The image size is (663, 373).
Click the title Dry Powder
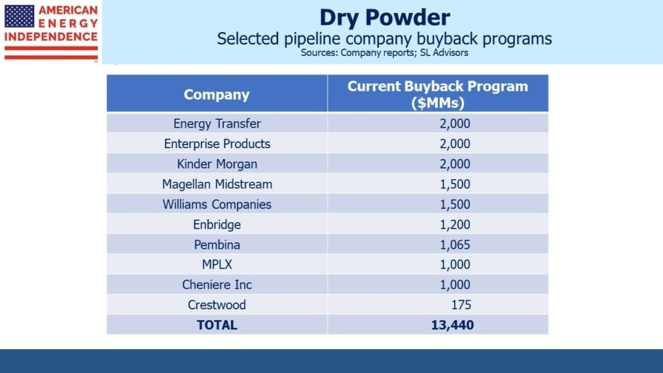(x=384, y=18)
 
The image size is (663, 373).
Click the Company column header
(x=216, y=95)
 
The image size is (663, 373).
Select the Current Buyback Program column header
(x=438, y=94)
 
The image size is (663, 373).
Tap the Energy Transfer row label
(x=217, y=124)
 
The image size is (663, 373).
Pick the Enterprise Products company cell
(x=217, y=144)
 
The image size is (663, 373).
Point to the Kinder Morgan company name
(x=217, y=164)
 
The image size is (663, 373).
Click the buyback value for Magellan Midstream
(x=455, y=184)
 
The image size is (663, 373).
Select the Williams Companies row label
(x=217, y=204)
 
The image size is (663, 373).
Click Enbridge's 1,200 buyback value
(x=455, y=224)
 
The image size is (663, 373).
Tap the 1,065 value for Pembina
(x=455, y=245)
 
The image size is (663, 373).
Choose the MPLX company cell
(x=217, y=265)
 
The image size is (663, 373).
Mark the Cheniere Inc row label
(x=217, y=285)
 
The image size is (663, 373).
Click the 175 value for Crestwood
(x=461, y=305)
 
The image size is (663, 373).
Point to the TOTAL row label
(x=217, y=325)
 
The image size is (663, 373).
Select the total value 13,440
(x=453, y=325)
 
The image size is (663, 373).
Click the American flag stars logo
(x=19, y=17)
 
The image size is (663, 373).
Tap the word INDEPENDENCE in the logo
(x=51, y=37)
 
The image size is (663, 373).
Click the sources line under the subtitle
(x=384, y=53)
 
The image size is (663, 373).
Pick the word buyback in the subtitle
(x=447, y=39)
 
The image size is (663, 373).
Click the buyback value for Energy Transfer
(x=455, y=124)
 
